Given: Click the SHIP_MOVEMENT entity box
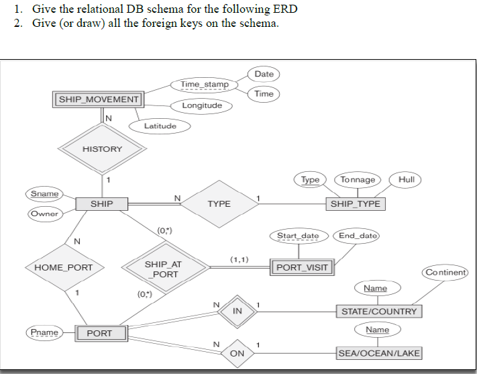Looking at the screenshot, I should [99, 99].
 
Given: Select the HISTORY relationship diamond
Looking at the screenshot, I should [102, 148].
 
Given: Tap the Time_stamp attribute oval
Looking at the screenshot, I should [205, 85].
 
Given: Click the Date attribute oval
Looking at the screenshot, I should [264, 74].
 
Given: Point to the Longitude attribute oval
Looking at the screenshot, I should [202, 105].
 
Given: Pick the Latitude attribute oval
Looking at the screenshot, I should [160, 126].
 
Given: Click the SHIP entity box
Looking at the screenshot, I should [102, 203].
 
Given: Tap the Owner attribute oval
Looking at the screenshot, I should [44, 214].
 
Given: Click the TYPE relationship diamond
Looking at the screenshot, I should [219, 203].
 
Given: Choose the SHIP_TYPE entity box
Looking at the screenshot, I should [355, 203].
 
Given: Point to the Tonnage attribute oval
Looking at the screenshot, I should [358, 179].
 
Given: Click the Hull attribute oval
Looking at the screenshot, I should [407, 179].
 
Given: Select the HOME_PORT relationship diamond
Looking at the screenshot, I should [64, 267].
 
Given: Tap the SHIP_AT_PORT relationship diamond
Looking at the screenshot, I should [163, 269].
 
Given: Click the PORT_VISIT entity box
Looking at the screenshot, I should [302, 267].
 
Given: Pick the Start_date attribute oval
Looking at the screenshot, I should [299, 236].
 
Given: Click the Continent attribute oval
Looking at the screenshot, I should [445, 273].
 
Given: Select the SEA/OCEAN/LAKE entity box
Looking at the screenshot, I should [379, 353].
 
